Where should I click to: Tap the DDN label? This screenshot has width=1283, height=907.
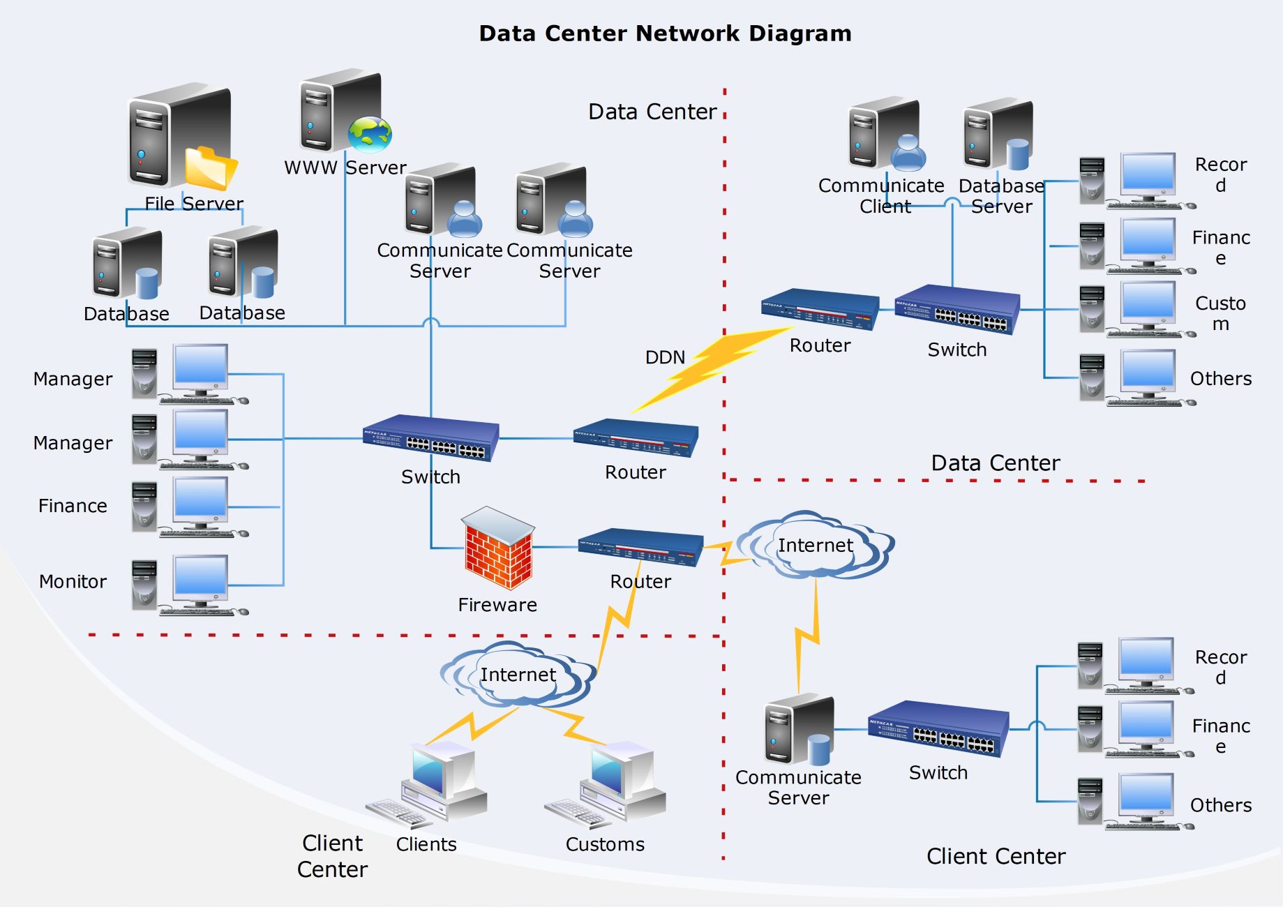pyautogui.click(x=665, y=358)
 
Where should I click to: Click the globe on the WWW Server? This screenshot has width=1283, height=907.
pyautogui.click(x=370, y=135)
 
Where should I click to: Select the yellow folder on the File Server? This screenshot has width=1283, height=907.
pyautogui.click(x=211, y=168)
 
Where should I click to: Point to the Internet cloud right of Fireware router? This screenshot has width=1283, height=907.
pyautogui.click(x=815, y=545)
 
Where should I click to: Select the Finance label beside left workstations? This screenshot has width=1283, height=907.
pyautogui.click(x=73, y=506)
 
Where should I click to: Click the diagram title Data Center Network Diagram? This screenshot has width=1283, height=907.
pyautogui.click(x=665, y=33)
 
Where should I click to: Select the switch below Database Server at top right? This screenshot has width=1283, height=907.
pyautogui.click(x=957, y=310)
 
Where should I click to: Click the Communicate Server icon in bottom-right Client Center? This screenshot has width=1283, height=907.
pyautogui.click(x=800, y=729)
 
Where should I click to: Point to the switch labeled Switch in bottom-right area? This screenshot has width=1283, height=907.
pyautogui.click(x=938, y=728)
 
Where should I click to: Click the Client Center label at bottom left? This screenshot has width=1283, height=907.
pyautogui.click(x=332, y=856)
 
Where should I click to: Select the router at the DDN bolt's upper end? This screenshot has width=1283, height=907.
pyautogui.click(x=820, y=310)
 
